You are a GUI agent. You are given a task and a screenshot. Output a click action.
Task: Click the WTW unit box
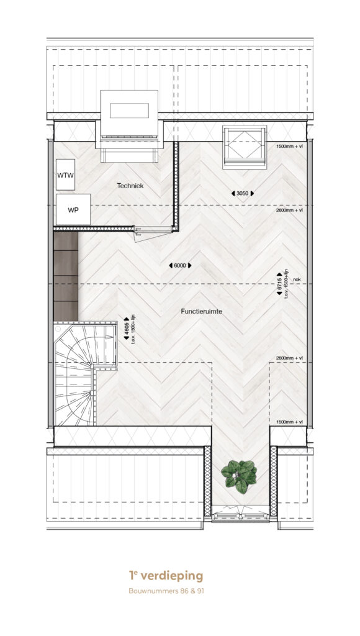[65, 175]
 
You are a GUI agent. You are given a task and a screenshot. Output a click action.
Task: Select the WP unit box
[73, 209]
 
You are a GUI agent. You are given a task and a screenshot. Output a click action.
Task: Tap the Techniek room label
[130, 186]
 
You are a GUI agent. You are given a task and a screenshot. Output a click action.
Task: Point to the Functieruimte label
[202, 312]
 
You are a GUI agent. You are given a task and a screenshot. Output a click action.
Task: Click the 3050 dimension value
[242, 194]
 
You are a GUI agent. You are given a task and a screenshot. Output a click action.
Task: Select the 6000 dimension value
[179, 266]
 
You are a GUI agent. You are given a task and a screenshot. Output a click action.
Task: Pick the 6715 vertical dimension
[279, 284]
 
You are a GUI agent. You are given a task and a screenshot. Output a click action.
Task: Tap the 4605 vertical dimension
[127, 331]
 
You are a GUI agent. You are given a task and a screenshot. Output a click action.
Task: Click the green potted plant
[239, 476]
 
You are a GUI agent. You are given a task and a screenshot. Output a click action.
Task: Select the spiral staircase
[85, 373]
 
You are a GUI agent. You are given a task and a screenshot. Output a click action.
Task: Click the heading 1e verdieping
[166, 576]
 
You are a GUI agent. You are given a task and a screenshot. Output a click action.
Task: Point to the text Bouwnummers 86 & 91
[166, 591]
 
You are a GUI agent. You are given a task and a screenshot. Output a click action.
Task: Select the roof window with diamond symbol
[245, 147]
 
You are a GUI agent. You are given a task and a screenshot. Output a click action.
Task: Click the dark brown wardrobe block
[66, 276]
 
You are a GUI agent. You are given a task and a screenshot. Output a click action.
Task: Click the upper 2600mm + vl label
[289, 211]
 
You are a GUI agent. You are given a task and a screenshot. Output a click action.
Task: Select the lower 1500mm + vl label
[289, 422]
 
